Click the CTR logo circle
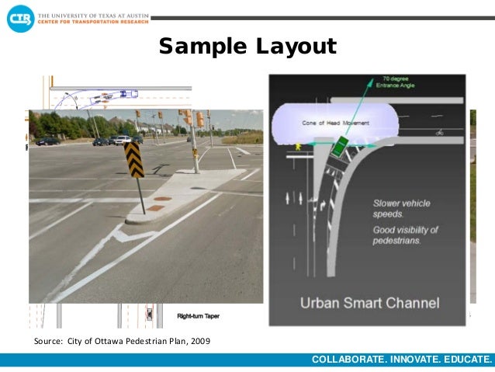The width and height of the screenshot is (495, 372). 21,17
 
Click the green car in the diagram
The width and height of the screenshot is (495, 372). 341,145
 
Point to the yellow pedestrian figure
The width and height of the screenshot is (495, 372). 298,146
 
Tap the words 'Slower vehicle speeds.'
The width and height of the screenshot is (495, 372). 400,207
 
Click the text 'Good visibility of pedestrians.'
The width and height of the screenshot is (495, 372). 405,235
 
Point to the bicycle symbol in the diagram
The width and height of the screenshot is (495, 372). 440,132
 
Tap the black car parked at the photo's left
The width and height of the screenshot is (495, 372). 48,141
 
